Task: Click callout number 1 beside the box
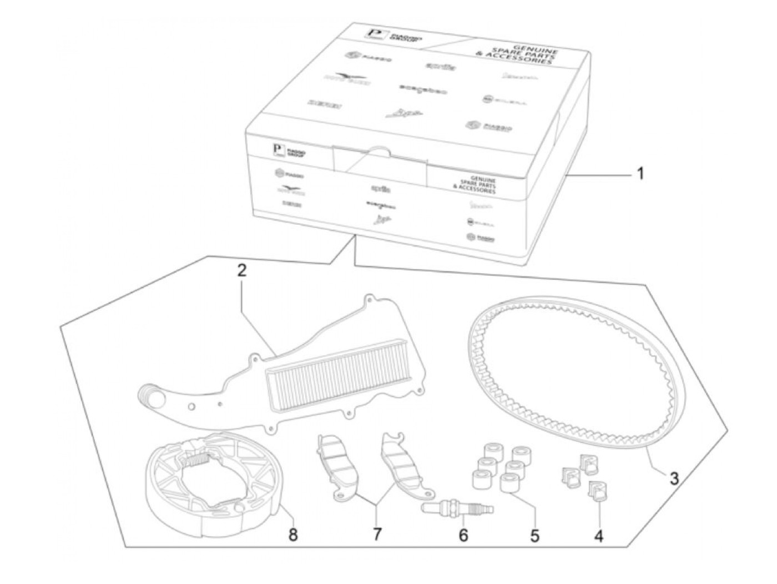640,174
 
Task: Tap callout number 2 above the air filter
241,271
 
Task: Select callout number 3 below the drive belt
673,478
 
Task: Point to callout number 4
598,536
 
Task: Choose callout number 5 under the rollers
534,536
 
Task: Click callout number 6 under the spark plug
463,536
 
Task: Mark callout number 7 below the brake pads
377,535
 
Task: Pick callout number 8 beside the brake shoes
293,535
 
